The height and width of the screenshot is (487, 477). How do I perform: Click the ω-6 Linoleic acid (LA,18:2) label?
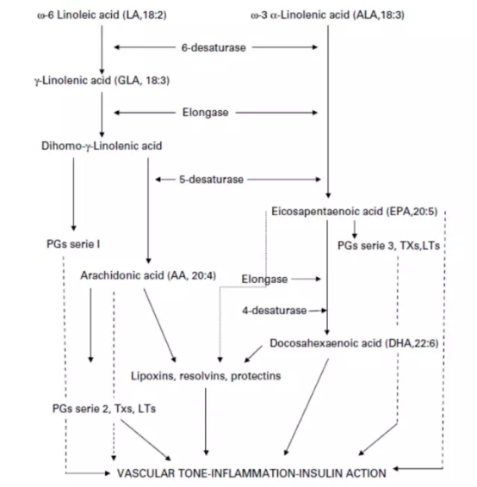102,15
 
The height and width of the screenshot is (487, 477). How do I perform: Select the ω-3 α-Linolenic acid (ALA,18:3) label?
327,15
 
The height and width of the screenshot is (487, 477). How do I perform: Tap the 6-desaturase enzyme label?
214,48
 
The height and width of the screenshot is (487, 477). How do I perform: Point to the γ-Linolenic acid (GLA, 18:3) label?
102,80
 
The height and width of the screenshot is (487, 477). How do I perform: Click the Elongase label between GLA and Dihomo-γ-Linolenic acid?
206,113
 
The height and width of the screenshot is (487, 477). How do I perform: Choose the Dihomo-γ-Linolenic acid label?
102,145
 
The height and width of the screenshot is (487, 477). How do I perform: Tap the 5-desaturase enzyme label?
211,180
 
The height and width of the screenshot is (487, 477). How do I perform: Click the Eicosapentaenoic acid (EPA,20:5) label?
354,212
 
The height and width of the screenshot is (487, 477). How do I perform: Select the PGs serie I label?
73,244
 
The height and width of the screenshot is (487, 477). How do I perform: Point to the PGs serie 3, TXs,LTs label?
389,246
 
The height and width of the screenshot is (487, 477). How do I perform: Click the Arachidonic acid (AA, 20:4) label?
148,275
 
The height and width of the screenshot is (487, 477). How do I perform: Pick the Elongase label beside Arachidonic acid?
264,280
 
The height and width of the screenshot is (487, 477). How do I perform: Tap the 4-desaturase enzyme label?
275,311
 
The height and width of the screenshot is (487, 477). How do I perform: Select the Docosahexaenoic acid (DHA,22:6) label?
354,343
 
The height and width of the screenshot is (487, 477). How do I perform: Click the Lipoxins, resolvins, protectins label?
206,376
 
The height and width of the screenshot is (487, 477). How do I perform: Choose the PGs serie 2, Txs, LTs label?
104,409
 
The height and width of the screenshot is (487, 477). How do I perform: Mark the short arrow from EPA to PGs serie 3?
354,230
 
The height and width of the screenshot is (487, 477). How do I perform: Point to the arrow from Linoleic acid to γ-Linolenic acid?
102,50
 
